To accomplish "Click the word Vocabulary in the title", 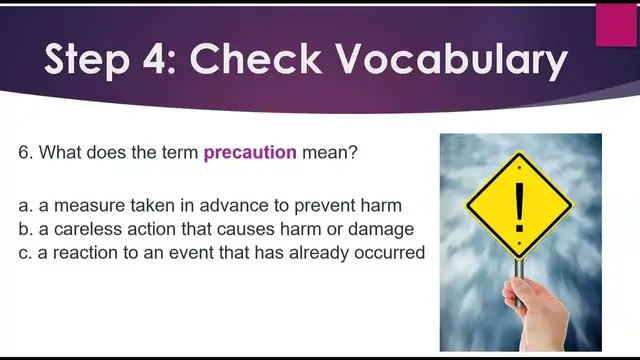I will [454, 62].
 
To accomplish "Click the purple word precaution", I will [250, 153].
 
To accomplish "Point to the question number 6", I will [25, 153].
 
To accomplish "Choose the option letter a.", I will [24, 206].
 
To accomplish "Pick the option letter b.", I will [24, 229].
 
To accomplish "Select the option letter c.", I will [24, 253].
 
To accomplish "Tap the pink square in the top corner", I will [616, 25].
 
